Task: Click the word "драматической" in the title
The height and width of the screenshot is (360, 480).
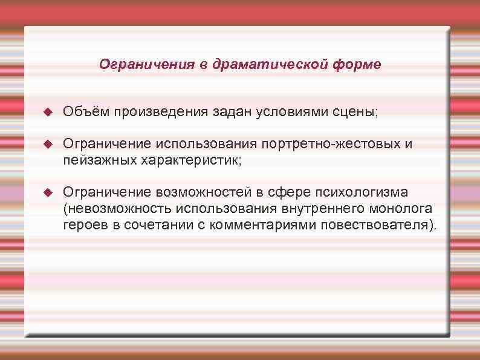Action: click(269, 65)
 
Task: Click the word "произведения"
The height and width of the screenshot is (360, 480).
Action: click(160, 113)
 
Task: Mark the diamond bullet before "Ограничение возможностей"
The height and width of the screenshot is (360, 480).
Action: click(50, 193)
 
